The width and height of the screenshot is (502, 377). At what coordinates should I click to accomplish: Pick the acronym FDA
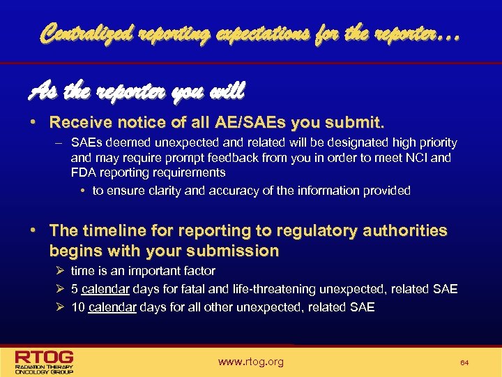tap(83, 172)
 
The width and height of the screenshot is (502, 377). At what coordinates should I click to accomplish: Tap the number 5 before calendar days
tap(75, 289)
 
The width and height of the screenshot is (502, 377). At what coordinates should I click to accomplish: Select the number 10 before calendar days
tap(78, 307)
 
